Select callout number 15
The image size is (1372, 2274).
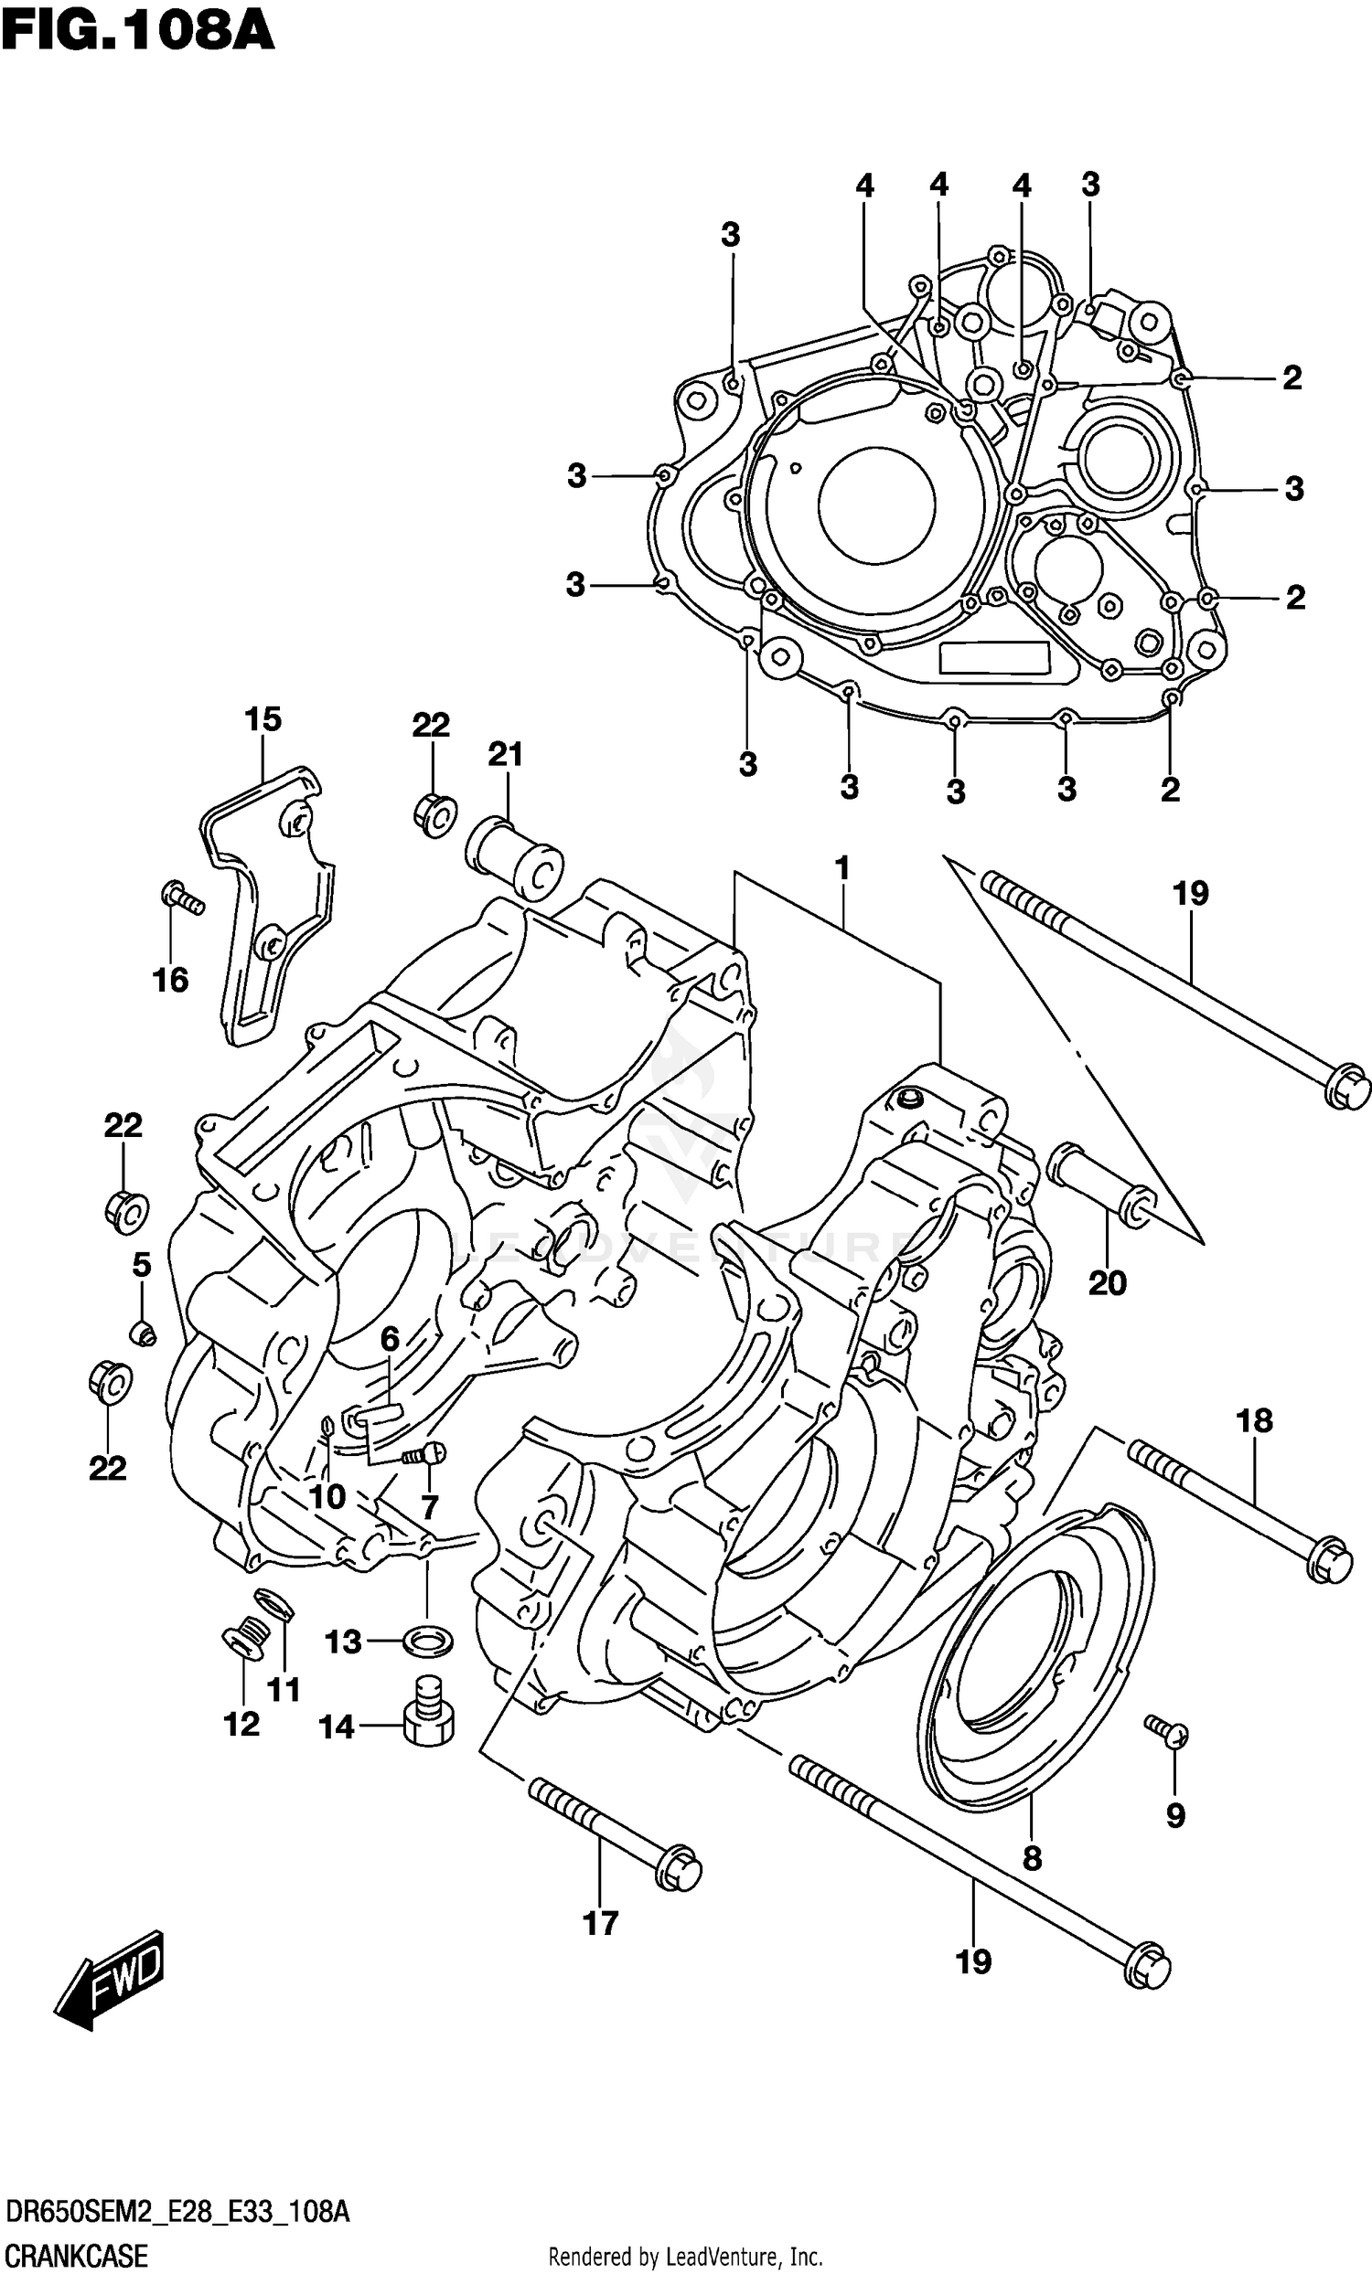263,719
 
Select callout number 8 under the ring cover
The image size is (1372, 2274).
1033,1858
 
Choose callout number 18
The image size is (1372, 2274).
1255,1421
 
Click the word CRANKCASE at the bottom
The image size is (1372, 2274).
76,2256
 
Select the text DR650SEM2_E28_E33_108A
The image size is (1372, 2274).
178,2211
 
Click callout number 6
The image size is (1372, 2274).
390,1338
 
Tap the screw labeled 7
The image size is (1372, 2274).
423,1452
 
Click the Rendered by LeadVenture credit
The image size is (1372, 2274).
685,2257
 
